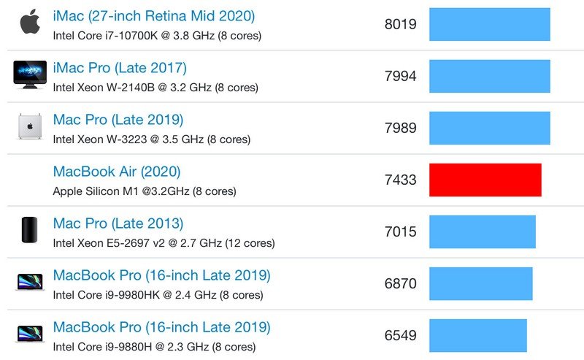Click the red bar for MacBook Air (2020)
point(485,180)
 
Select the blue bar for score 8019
point(489,24)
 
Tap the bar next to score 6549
point(477,336)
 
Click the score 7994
point(400,76)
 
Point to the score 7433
point(400,180)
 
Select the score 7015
point(400,232)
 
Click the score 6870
point(400,284)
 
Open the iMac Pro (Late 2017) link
point(120,68)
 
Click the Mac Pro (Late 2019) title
point(118,120)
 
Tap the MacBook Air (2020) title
point(117,172)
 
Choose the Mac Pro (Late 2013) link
point(118,223)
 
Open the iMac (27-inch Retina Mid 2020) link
point(154,15)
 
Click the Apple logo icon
point(29,23)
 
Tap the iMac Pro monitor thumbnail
point(29,74)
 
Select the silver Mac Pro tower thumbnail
point(29,127)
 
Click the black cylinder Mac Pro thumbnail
point(29,231)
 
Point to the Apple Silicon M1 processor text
point(145,191)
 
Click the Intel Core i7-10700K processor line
point(157,35)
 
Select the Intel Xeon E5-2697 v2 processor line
point(164,243)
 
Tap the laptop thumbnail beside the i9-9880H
point(29,335)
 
